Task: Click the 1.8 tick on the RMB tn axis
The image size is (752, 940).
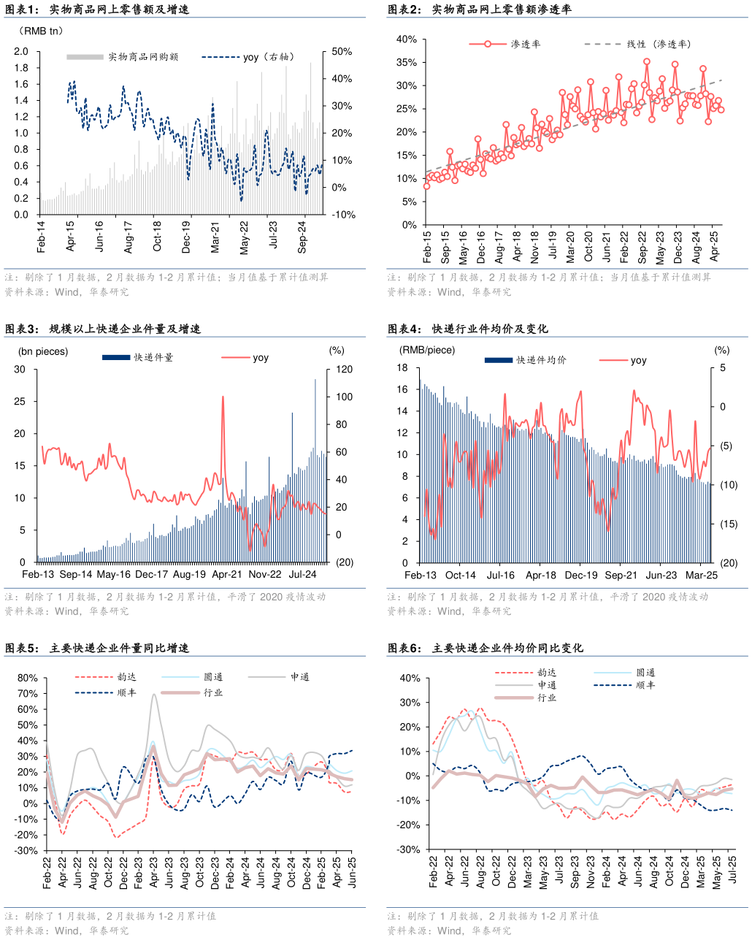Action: point(21,68)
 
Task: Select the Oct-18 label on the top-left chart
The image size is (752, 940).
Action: point(158,236)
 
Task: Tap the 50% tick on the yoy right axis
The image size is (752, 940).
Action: point(342,52)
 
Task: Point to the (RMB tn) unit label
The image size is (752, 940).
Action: point(41,31)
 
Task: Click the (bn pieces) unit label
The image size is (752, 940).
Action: point(43,351)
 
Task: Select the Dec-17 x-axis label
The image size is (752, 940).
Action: point(152,575)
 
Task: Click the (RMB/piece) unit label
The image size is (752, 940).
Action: point(427,350)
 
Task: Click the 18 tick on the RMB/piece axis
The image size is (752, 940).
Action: point(402,367)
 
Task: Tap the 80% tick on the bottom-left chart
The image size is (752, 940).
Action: point(27,678)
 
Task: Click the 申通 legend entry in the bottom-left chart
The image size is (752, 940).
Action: point(299,677)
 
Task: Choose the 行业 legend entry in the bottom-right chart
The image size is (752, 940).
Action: point(547,698)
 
